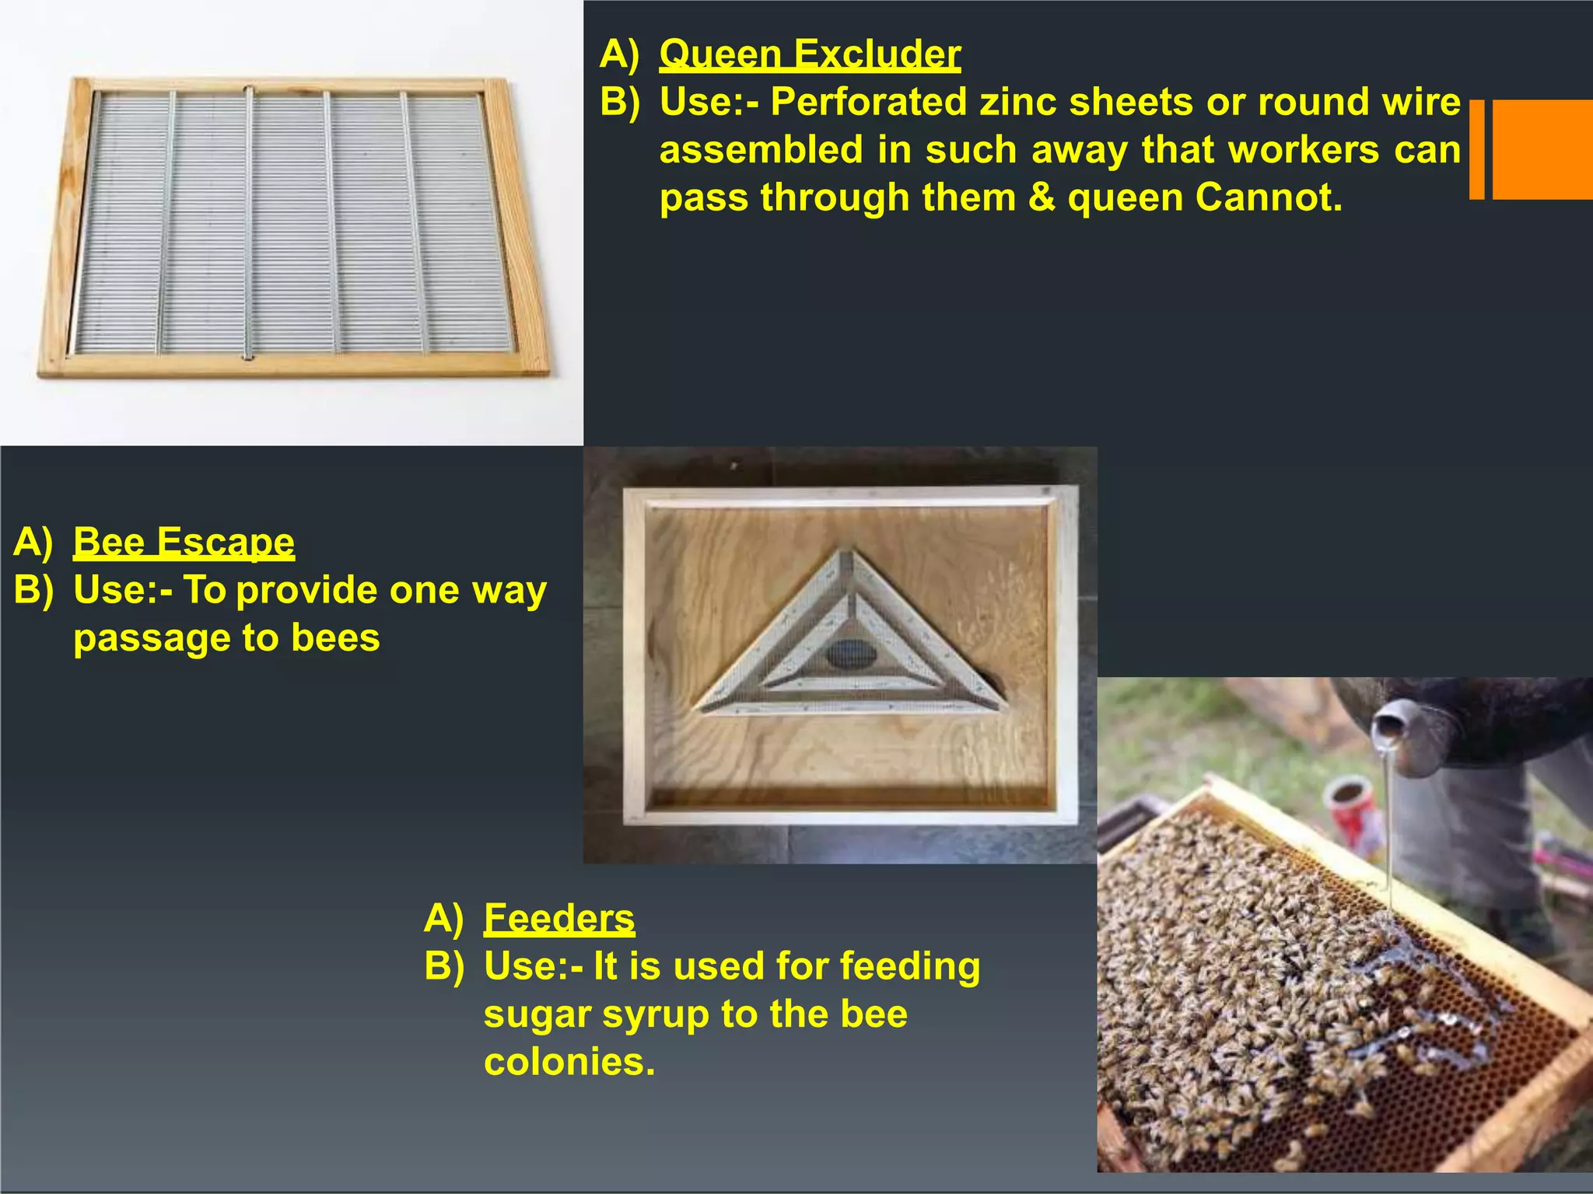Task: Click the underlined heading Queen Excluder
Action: click(x=810, y=54)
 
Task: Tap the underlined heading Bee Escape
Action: click(x=184, y=542)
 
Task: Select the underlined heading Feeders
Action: click(x=558, y=918)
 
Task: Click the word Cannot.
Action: click(x=1269, y=197)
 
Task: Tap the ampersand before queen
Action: click(x=1042, y=197)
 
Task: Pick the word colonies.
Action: click(x=569, y=1063)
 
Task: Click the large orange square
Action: click(x=1542, y=149)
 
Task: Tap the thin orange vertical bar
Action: click(x=1476, y=149)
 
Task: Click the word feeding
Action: click(x=909, y=967)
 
